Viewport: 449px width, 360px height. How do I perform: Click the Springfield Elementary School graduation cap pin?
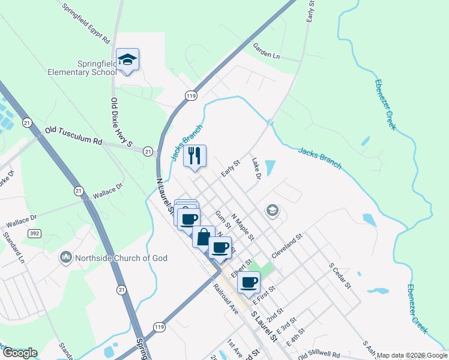pyautogui.click(x=127, y=59)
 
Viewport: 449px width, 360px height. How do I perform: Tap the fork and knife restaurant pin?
pyautogui.click(x=194, y=156)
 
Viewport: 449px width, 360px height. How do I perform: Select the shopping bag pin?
pyautogui.click(x=203, y=236)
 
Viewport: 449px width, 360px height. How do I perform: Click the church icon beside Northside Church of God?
pyautogui.click(x=65, y=258)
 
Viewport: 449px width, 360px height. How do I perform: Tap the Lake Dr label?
pyautogui.click(x=256, y=169)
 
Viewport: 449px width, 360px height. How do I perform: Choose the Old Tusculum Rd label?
pyautogui.click(x=74, y=135)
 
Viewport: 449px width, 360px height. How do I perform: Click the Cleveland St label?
pyautogui.click(x=288, y=245)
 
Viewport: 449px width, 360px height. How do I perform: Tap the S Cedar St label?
pyautogui.click(x=339, y=275)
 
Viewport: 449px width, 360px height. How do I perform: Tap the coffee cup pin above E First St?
pyautogui.click(x=249, y=282)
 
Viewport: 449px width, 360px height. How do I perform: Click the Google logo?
pyautogui.click(x=20, y=353)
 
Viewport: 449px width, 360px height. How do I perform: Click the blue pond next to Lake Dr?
pyautogui.click(x=270, y=167)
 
